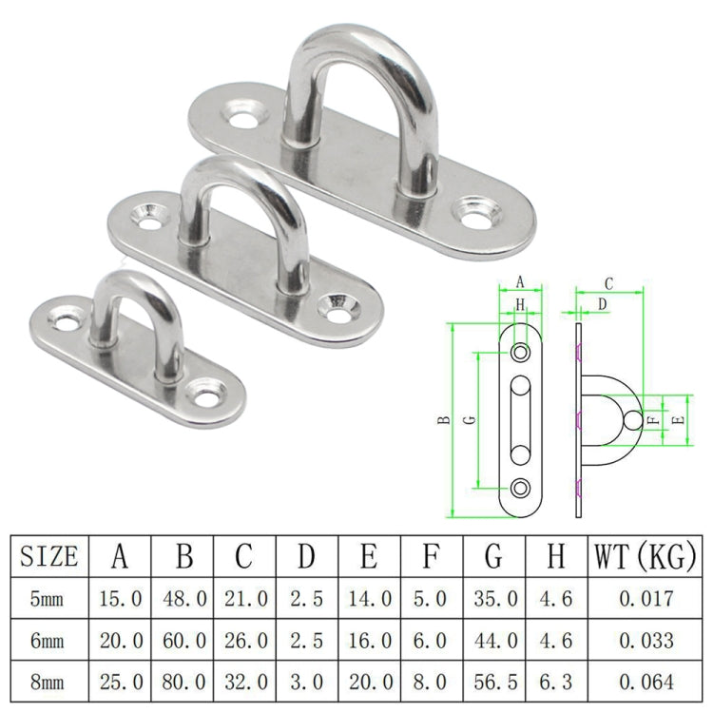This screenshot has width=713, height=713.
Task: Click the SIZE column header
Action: (48, 555)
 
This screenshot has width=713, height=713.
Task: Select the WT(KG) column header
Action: (644, 555)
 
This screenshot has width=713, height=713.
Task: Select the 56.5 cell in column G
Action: (494, 681)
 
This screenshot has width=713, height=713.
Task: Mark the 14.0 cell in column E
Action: (369, 599)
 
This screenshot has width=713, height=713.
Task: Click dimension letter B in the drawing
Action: (444, 421)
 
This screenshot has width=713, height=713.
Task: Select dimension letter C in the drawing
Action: (609, 282)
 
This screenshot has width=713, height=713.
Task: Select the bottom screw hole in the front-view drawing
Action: (521, 487)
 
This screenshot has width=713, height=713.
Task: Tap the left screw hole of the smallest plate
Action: (66, 323)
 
